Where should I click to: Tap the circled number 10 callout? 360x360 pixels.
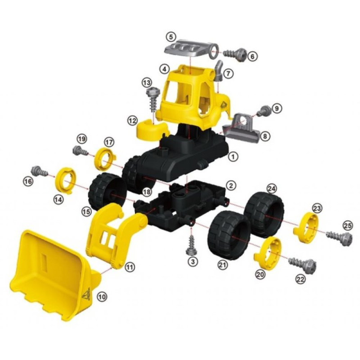coord(102,297)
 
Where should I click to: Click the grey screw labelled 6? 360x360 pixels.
coord(235,55)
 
